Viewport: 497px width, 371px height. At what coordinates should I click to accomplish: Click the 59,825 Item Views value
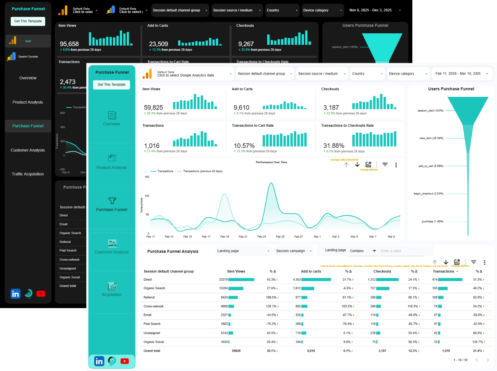(x=153, y=108)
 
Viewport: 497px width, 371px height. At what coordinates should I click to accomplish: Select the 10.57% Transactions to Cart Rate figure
(x=244, y=146)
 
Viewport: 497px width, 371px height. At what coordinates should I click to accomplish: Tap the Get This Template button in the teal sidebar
(x=111, y=85)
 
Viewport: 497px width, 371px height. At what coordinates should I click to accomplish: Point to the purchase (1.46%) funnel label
(x=432, y=222)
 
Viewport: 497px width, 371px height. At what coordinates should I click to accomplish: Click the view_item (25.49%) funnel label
(x=431, y=138)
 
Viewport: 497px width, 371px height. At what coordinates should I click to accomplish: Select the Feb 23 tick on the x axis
(x=262, y=237)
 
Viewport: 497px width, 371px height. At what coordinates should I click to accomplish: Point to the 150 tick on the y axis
(x=147, y=177)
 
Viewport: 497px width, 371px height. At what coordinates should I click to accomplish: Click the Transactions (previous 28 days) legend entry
(x=202, y=171)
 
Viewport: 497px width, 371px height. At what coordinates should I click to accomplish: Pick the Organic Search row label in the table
(x=154, y=288)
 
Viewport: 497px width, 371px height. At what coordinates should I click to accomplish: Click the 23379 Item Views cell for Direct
(x=223, y=280)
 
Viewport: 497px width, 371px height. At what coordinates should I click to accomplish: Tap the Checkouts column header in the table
(x=382, y=271)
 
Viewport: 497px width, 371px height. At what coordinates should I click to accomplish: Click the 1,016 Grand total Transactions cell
(x=446, y=351)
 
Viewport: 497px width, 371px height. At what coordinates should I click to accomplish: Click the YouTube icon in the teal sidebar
(x=125, y=361)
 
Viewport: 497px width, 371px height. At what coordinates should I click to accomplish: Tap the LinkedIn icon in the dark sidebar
(x=15, y=294)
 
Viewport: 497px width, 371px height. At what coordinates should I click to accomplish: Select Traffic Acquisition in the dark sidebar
(x=28, y=174)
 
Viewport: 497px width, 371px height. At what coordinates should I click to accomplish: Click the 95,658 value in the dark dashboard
(x=69, y=44)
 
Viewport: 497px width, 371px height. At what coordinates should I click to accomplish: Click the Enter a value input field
(x=401, y=251)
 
